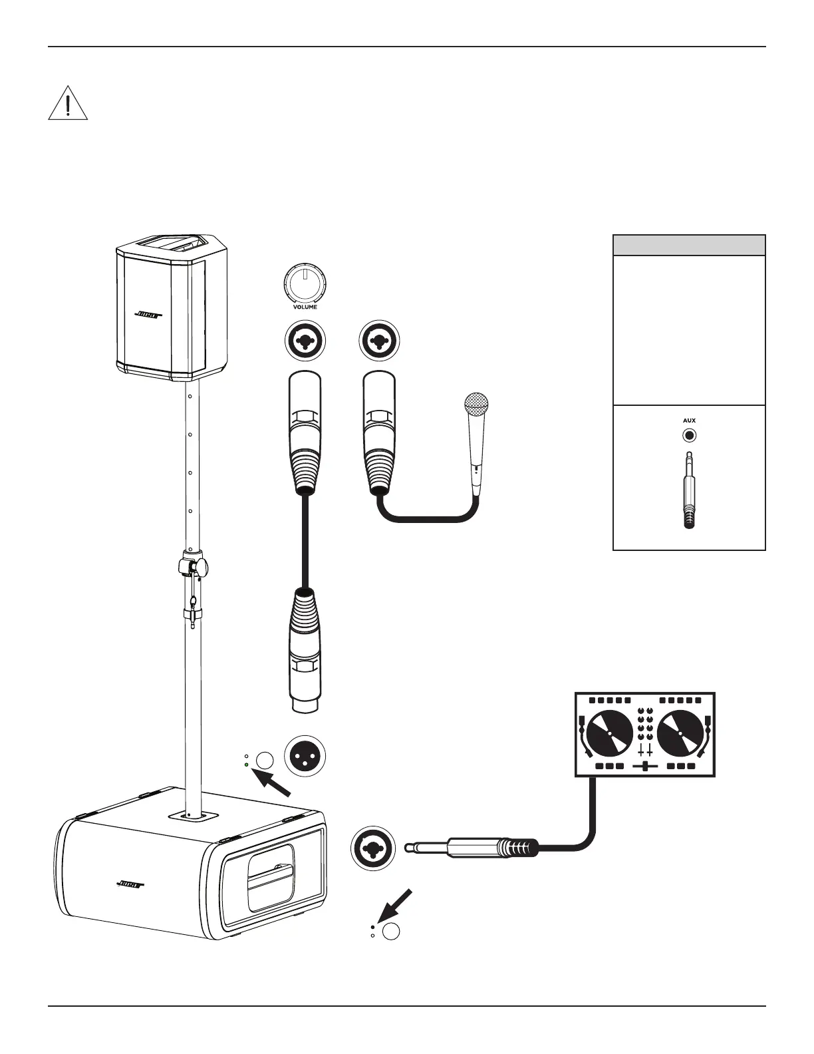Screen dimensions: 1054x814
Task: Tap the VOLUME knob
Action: [x=305, y=285]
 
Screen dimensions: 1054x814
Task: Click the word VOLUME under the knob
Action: [x=305, y=307]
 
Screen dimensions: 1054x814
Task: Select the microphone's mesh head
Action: [x=476, y=405]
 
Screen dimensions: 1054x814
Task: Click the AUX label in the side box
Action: [x=689, y=421]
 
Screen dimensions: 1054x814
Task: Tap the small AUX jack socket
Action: [x=689, y=436]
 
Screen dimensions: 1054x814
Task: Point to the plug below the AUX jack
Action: [x=689, y=492]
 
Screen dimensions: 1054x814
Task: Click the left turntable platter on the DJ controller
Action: [x=609, y=733]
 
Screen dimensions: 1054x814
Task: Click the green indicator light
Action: [x=247, y=765]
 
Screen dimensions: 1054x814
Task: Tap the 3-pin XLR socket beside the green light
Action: [x=305, y=757]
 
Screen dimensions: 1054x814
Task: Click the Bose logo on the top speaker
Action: [x=150, y=315]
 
